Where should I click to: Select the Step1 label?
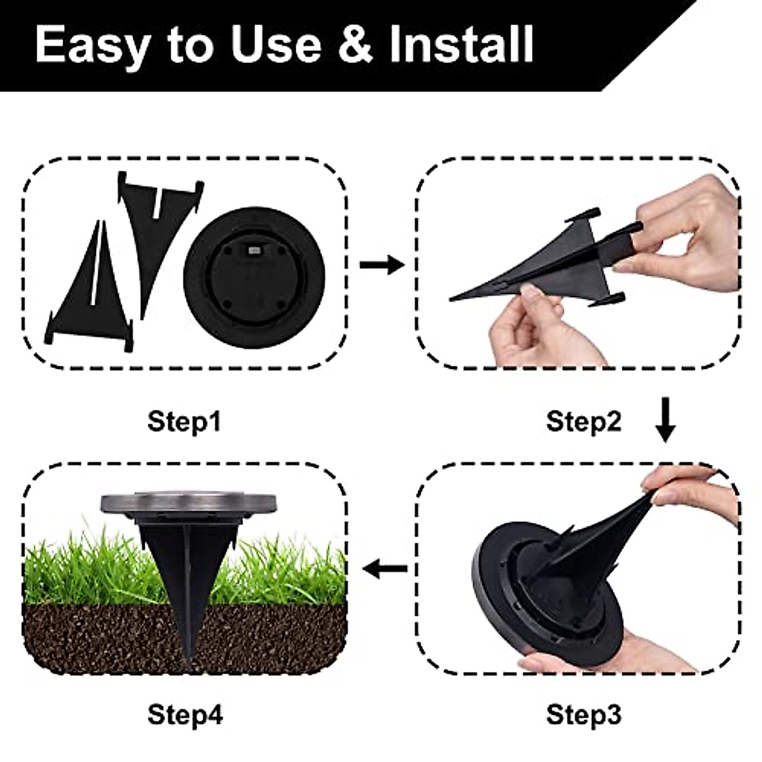[185, 421]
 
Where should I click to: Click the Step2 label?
[584, 421]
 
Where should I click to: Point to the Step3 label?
[584, 715]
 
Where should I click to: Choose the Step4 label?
[185, 715]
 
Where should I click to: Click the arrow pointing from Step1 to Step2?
[381, 265]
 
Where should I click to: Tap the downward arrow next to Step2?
[665, 419]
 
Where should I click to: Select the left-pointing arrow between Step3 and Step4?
[387, 568]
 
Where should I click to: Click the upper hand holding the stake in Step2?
[689, 235]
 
